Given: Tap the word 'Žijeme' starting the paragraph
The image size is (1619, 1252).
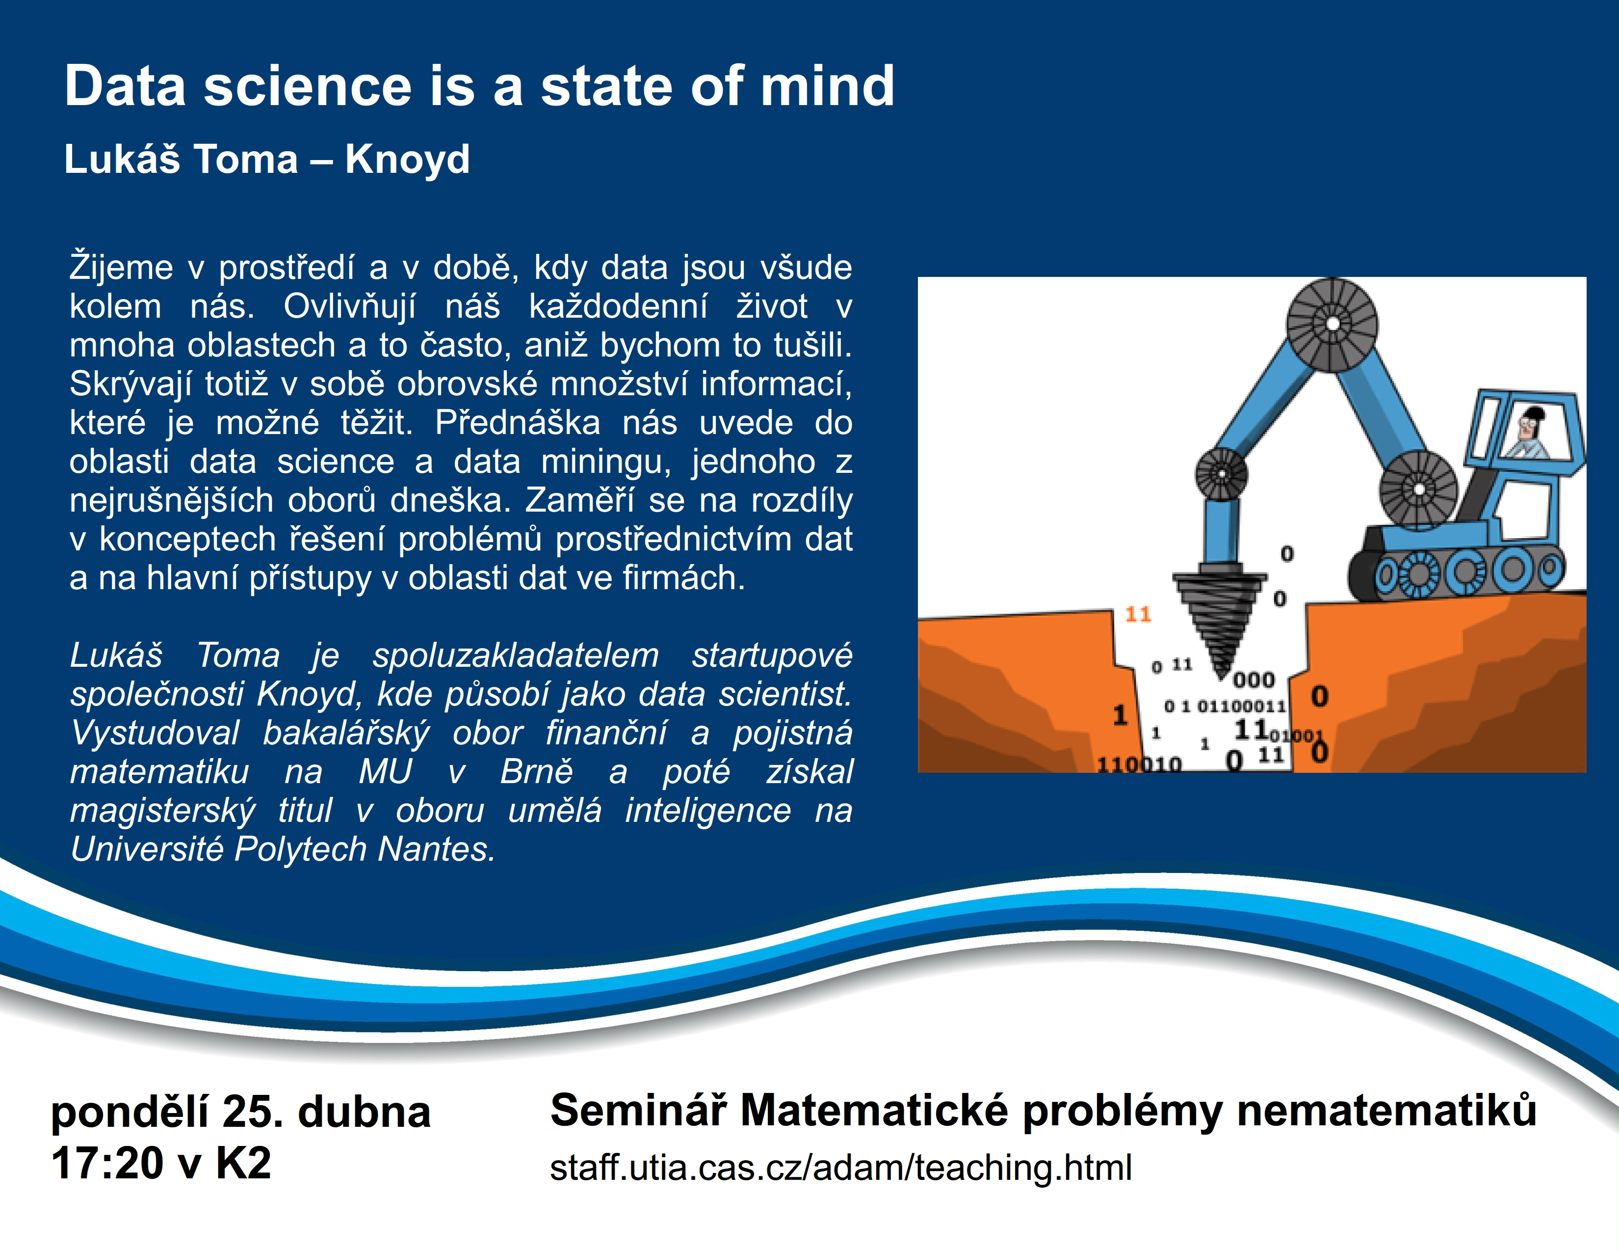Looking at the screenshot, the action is point(121,268).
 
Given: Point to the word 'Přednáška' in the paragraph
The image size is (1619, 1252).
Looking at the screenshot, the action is point(518,423).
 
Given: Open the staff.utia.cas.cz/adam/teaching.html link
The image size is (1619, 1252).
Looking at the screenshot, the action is point(840,1168).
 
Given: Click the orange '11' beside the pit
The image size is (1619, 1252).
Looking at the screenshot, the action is point(1138,614).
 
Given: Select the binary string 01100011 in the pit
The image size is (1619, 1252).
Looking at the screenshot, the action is point(1242,706).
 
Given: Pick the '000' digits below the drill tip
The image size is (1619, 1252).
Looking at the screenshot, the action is point(1253,680).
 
